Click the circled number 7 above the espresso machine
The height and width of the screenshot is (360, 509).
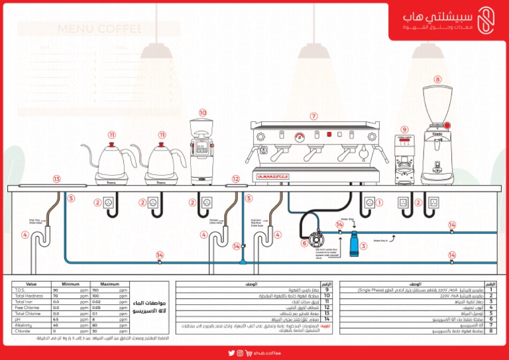(x=313, y=116)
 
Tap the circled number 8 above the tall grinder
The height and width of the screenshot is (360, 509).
(x=437, y=79)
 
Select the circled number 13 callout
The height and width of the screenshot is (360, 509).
(x=57, y=179)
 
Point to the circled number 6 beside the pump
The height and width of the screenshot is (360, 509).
(x=305, y=243)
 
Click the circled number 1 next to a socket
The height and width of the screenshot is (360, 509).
(x=380, y=202)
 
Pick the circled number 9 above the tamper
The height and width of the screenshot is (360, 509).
(x=404, y=130)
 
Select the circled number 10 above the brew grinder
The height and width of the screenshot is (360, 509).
(x=202, y=113)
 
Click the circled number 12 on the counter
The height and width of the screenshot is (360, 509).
(x=236, y=179)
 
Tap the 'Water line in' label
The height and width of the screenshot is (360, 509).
(x=380, y=241)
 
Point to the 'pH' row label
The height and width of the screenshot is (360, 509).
(x=17, y=319)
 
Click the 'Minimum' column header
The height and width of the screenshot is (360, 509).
(x=70, y=284)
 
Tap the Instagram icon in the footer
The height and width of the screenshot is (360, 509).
(x=249, y=353)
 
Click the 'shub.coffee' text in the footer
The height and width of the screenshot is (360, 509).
(x=268, y=353)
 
